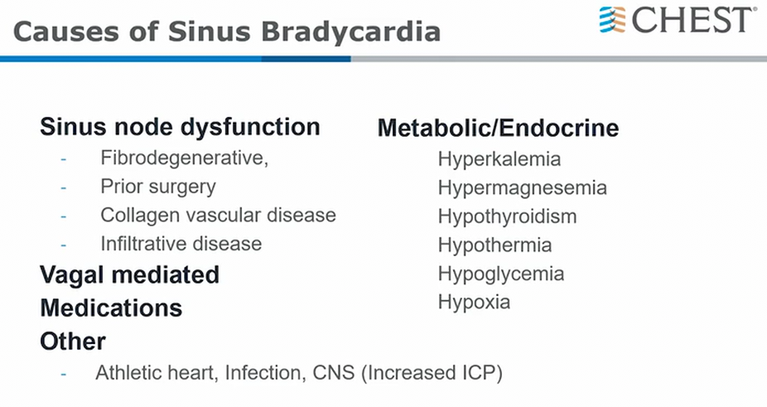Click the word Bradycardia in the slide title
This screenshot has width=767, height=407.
[x=350, y=31]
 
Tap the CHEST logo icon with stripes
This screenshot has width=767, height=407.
[x=612, y=20]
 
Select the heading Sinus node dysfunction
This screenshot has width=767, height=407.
[x=180, y=127]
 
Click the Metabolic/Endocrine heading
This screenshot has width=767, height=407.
[x=499, y=128]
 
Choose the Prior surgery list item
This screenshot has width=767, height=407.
[x=158, y=187]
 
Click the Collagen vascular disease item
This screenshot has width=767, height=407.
[x=218, y=215]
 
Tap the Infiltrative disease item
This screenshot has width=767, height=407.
[x=181, y=244]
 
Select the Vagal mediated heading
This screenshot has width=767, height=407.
[x=129, y=275]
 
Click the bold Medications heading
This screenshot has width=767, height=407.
[x=111, y=308]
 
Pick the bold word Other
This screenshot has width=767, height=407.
[x=73, y=342]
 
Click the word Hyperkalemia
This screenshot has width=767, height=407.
[x=499, y=160]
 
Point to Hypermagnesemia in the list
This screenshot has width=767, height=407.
[x=523, y=188]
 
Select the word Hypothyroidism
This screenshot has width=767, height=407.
[x=507, y=216]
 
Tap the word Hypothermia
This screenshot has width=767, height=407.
[x=495, y=245]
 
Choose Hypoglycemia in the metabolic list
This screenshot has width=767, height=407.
[x=501, y=274]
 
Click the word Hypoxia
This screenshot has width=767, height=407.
[x=474, y=303]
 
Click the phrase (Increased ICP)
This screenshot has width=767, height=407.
[x=432, y=373]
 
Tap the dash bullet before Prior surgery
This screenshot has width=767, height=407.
[x=63, y=187]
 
